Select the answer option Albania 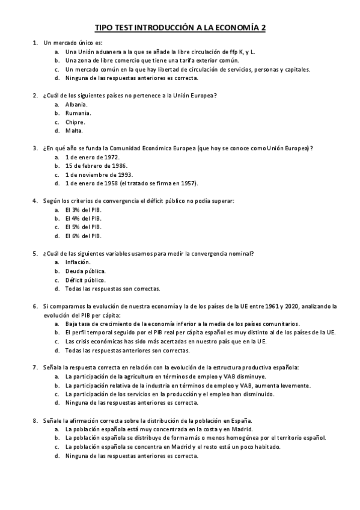point(76,104)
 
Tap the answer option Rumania point(78,112)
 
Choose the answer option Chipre point(75,121)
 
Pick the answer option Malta point(74,131)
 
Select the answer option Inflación point(78,262)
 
